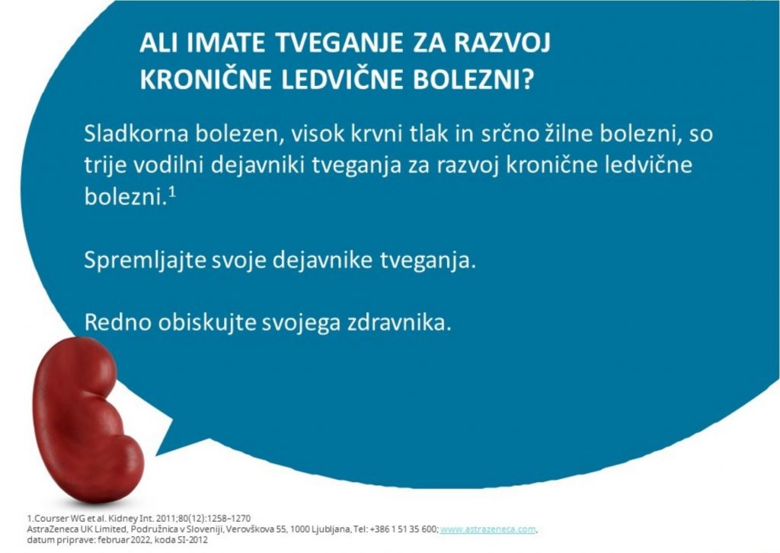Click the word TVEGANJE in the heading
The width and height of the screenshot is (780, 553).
pos(339,43)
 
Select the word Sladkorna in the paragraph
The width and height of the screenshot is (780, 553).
pos(136,134)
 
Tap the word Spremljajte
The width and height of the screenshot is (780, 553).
pos(145,261)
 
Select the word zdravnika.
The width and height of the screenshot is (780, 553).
pos(399,323)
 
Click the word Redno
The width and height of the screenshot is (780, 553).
pos(117,323)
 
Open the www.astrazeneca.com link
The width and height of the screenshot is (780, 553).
pos(488,529)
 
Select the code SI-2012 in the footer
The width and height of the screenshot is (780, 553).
pos(192,540)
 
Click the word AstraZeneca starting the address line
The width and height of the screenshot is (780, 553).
pos(53,529)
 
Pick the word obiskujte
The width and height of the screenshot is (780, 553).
pos(207,323)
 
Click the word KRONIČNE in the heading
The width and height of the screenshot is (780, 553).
pos(206,79)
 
